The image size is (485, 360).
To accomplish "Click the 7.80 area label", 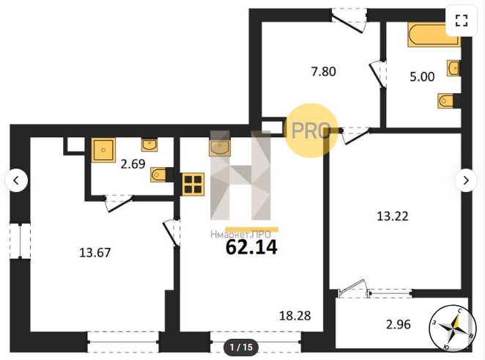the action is (324, 72).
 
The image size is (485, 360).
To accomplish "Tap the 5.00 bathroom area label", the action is (422, 77).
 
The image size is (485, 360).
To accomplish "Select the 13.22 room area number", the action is (393, 216).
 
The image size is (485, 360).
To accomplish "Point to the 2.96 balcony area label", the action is (399, 324).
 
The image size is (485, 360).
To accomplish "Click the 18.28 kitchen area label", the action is (295, 316).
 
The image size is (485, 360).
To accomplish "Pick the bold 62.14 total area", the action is (251, 247).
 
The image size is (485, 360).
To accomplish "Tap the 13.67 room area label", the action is (95, 253).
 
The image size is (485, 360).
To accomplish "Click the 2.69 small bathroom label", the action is (133, 164).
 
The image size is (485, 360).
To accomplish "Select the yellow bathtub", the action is (433, 34).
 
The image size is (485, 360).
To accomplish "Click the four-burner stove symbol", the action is (193, 184).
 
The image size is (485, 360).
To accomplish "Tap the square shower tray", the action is (103, 150).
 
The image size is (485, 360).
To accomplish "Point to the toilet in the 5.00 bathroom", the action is (445, 101).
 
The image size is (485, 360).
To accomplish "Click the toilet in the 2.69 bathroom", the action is (158, 175).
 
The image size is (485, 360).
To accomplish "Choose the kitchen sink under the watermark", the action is (220, 147).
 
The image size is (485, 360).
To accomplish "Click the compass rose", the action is (453, 328).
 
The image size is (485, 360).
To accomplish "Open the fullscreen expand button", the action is (461, 21).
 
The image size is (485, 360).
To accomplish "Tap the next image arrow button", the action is (466, 180).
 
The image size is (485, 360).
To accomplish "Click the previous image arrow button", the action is (16, 180).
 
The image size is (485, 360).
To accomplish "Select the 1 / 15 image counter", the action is (241, 348).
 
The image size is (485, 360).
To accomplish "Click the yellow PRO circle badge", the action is (311, 131).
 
